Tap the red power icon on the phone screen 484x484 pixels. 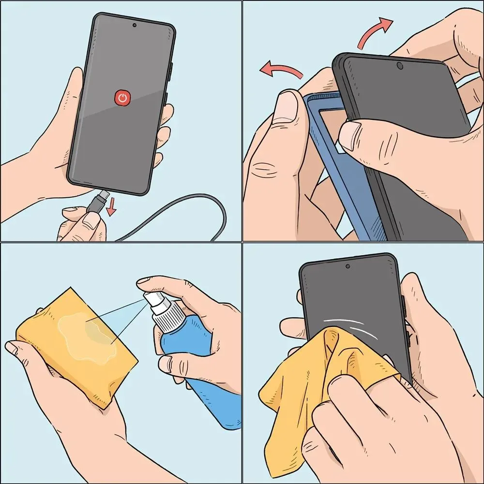(123, 98)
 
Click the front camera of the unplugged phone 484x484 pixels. (134, 25)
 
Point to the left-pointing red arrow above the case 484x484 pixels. (281, 71)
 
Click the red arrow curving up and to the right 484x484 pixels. (375, 31)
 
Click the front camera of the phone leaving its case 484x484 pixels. (400, 65)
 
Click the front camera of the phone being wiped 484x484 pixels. (348, 266)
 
